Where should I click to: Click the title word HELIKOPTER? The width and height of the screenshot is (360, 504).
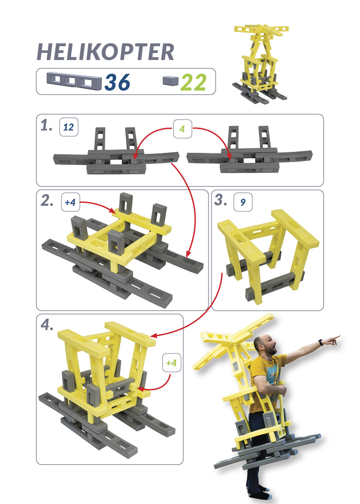click(x=105, y=52)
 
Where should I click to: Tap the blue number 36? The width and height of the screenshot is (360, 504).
click(x=117, y=82)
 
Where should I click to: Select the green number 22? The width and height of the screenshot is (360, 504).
click(x=193, y=82)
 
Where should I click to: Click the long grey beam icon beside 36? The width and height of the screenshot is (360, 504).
click(x=74, y=81)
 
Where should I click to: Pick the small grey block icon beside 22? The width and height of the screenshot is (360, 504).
click(x=170, y=81)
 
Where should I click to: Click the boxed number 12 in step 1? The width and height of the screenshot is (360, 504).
click(x=69, y=127)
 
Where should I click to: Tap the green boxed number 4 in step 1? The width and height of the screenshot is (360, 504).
click(x=182, y=129)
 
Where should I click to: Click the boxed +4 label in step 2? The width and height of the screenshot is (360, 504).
click(x=70, y=202)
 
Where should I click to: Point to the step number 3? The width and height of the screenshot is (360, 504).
click(x=221, y=200)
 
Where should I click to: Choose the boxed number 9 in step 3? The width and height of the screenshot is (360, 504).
click(x=243, y=202)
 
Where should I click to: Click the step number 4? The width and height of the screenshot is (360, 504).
click(x=47, y=325)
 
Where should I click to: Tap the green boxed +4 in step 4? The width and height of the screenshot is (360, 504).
click(x=171, y=363)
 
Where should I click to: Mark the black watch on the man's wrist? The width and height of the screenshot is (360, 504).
click(x=321, y=343)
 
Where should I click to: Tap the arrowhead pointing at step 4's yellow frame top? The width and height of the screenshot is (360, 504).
click(x=154, y=336)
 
